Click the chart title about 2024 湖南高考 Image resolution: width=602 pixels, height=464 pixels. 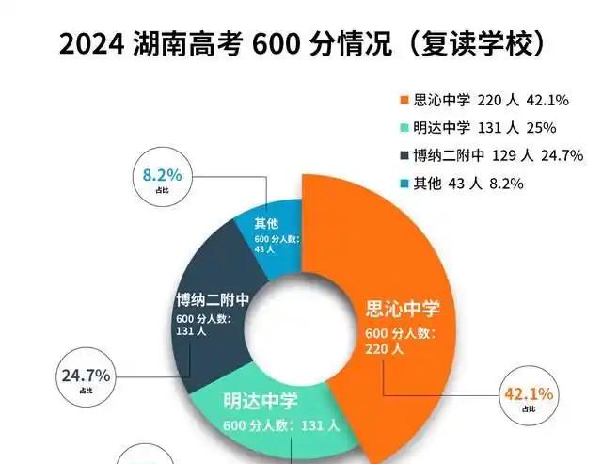pyautogui.click(x=301, y=44)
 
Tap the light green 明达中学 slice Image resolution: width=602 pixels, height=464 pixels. pyautogui.click(x=282, y=414)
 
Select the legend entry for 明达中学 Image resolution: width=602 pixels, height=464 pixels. pyautogui.click(x=469, y=128)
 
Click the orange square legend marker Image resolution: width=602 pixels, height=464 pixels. pyautogui.click(x=404, y=101)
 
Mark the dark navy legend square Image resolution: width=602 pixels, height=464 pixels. pyautogui.click(x=404, y=155)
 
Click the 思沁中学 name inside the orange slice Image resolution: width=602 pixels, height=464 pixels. pyautogui.click(x=402, y=310)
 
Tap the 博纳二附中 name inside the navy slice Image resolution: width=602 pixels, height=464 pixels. pyautogui.click(x=212, y=300)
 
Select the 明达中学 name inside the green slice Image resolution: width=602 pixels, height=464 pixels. pyautogui.click(x=260, y=401)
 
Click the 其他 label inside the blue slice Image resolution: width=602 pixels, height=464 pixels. pyautogui.click(x=267, y=223)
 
